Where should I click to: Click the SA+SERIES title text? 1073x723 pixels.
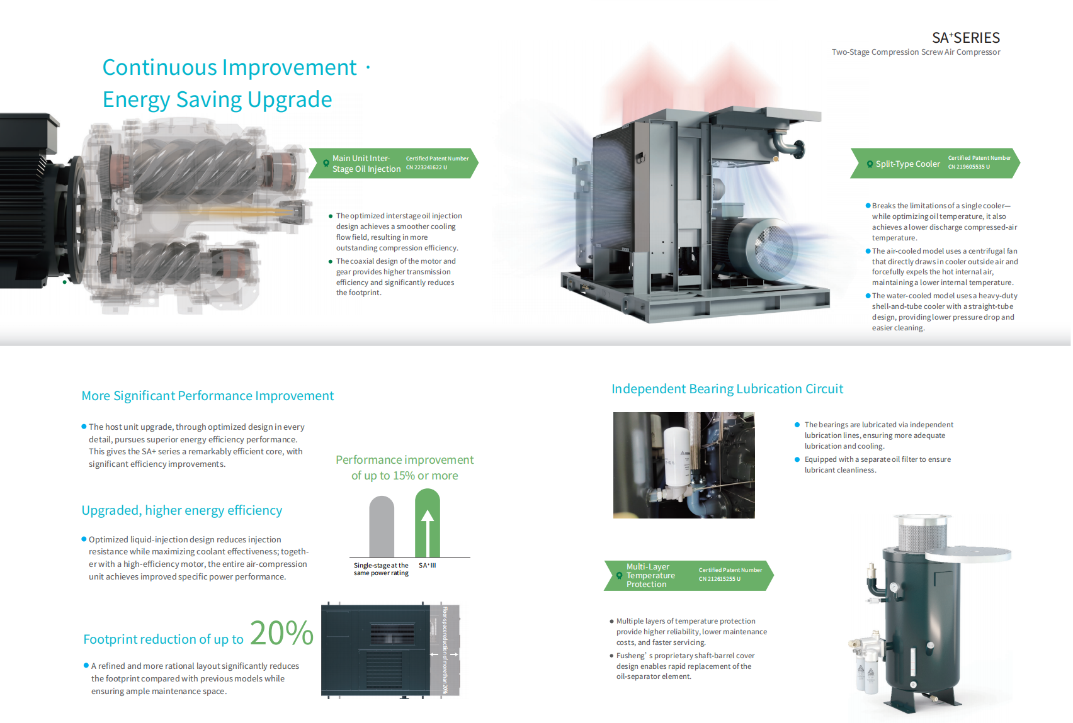pyautogui.click(x=965, y=37)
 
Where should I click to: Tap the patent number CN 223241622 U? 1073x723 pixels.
pyautogui.click(x=426, y=167)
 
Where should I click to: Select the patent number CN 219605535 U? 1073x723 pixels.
pyautogui.click(x=968, y=167)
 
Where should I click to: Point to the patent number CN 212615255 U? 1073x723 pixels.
pyautogui.click(x=720, y=579)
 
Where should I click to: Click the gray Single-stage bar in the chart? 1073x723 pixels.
pyautogui.click(x=382, y=526)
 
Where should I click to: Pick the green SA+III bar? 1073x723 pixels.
pyautogui.click(x=428, y=523)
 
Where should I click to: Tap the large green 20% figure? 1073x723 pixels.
pyautogui.click(x=281, y=633)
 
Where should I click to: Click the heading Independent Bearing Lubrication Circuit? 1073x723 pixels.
pyautogui.click(x=727, y=389)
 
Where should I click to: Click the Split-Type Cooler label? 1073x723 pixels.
pyautogui.click(x=908, y=164)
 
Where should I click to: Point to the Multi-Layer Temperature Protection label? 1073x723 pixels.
pyautogui.click(x=650, y=576)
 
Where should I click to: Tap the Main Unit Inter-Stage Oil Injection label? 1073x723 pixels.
pyautogui.click(x=366, y=163)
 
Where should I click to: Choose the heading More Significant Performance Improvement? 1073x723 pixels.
pyautogui.click(x=207, y=396)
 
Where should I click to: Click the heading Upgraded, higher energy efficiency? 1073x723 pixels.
pyautogui.click(x=181, y=510)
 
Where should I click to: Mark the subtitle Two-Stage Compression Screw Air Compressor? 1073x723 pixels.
pyautogui.click(x=916, y=52)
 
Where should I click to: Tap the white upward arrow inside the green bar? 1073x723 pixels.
pyautogui.click(x=428, y=532)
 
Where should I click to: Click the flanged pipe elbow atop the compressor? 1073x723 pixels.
pyautogui.click(x=786, y=143)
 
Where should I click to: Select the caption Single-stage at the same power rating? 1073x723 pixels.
pyautogui.click(x=382, y=569)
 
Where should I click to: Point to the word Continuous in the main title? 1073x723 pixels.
pyautogui.click(x=159, y=67)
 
